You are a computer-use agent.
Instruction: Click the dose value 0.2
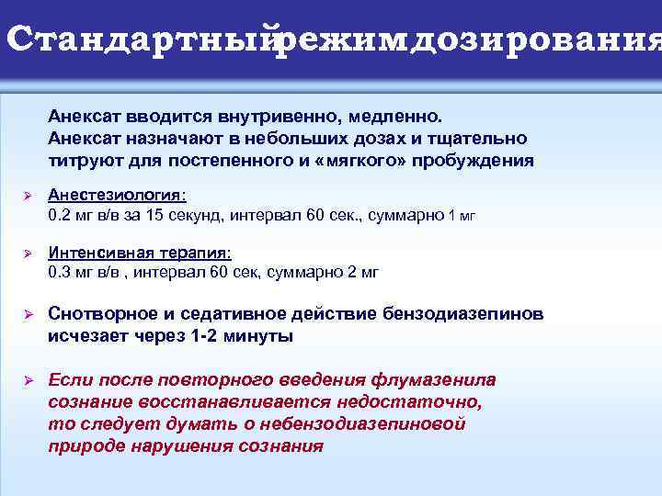(x=60, y=217)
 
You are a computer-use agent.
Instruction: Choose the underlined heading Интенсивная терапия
(x=139, y=252)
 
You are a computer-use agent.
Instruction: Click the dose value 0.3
(x=60, y=272)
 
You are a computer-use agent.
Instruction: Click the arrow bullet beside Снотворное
(x=27, y=315)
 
